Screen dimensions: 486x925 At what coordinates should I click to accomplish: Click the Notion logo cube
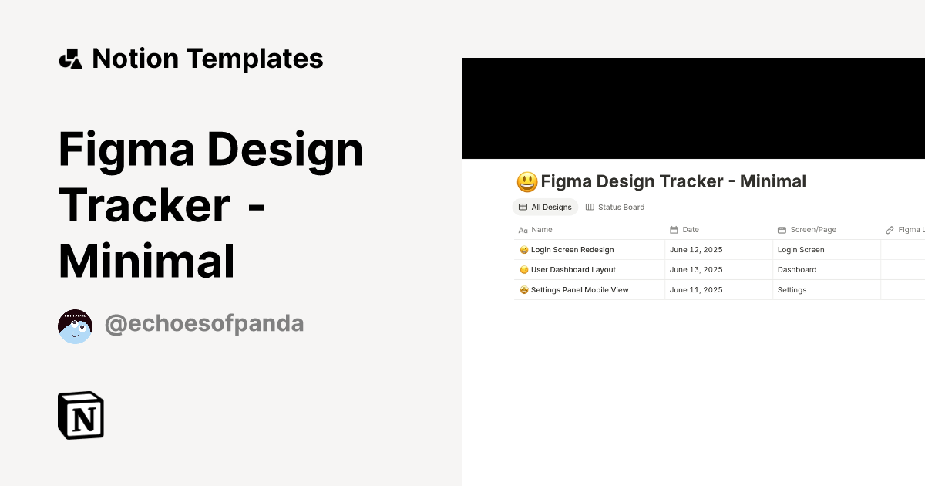pos(81,415)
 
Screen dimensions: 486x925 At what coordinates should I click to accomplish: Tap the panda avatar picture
pos(75,326)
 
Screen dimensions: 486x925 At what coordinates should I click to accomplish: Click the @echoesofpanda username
pos(203,324)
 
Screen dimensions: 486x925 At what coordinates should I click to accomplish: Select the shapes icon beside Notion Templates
pos(70,59)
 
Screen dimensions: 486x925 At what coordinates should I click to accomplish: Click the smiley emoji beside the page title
pos(526,182)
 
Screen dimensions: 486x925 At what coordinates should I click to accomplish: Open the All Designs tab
pos(545,207)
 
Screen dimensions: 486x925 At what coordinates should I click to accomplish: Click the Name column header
pos(541,230)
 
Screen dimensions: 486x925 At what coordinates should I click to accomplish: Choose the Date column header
pos(690,230)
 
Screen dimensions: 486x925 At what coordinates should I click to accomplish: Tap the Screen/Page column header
pos(812,230)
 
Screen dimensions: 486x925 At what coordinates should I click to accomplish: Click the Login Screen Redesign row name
pos(572,250)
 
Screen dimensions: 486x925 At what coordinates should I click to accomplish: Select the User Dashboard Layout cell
pos(573,270)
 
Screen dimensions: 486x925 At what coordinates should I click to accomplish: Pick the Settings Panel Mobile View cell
pos(579,290)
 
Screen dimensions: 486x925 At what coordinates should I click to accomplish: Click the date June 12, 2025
pos(696,250)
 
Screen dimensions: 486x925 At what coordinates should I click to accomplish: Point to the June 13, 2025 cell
pos(696,270)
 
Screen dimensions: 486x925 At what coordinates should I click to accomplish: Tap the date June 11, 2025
pos(696,290)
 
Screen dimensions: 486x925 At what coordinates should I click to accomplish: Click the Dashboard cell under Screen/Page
pos(797,270)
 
